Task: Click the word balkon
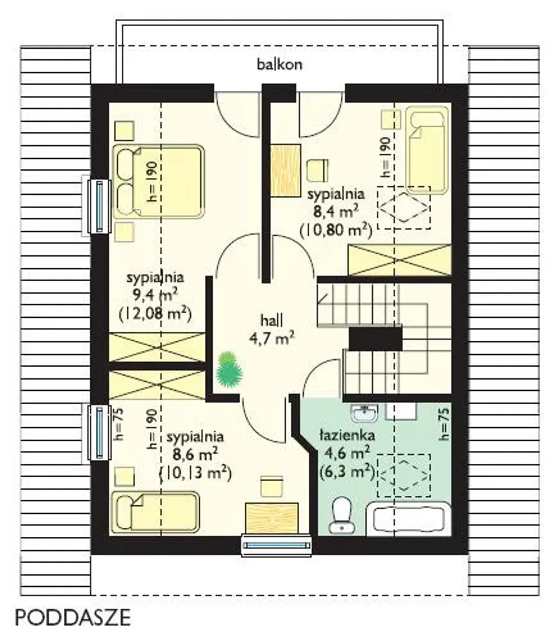pyautogui.click(x=280, y=65)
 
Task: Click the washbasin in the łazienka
pyautogui.click(x=364, y=413)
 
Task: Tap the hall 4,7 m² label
pyautogui.click(x=272, y=330)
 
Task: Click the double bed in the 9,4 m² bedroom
pyautogui.click(x=158, y=182)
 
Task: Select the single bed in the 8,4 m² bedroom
pyautogui.click(x=427, y=150)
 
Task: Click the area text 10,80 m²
pyautogui.click(x=336, y=231)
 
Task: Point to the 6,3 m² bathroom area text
pyautogui.click(x=347, y=472)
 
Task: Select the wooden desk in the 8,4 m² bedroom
pyautogui.click(x=286, y=171)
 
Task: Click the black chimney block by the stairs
pyautogui.click(x=375, y=339)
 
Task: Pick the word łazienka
pyautogui.click(x=347, y=436)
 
